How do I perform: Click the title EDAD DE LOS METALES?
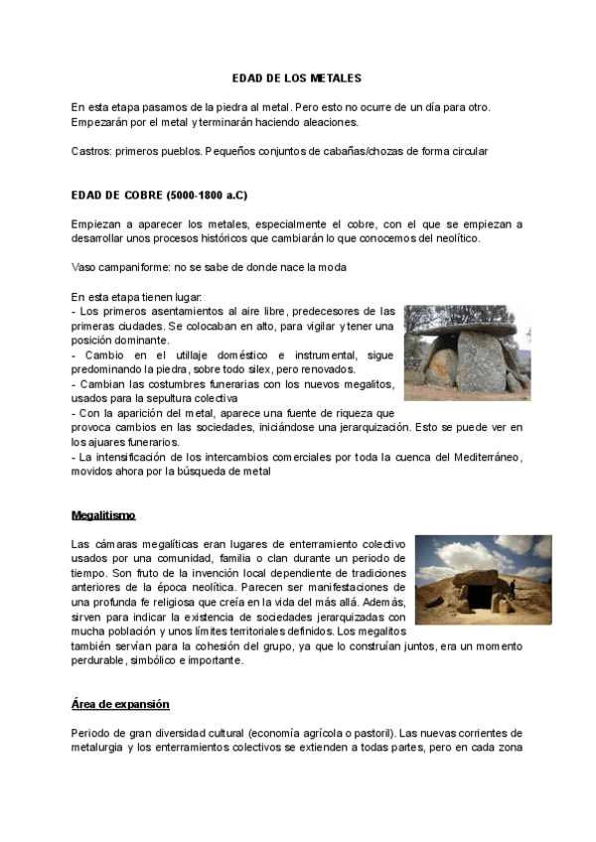pos(297,76)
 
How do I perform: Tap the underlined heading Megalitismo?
pos(103,515)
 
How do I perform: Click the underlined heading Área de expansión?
pos(120,704)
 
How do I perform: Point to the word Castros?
pos(90,152)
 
